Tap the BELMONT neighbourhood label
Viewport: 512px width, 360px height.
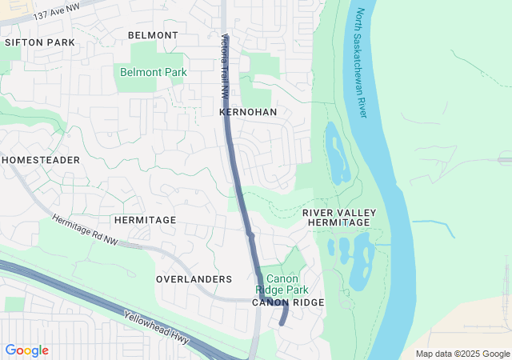[x=152, y=35]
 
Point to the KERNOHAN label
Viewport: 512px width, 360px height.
[x=248, y=113]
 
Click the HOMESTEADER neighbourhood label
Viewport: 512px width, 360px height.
[x=41, y=160]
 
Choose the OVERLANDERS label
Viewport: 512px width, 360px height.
[x=194, y=279]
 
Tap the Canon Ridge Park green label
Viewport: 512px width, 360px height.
[x=282, y=284]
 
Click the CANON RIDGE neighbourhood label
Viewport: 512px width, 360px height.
[x=288, y=302]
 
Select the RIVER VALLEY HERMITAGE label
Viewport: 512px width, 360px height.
[x=339, y=217]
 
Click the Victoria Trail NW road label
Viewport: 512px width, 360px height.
[x=225, y=67]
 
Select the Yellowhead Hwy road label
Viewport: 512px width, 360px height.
[x=157, y=328]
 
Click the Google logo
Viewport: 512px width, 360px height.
[x=26, y=350]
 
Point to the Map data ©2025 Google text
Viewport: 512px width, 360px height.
[x=462, y=354]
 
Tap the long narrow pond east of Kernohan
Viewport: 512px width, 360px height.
[x=337, y=152]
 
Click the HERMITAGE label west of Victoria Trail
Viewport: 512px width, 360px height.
[x=145, y=220]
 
